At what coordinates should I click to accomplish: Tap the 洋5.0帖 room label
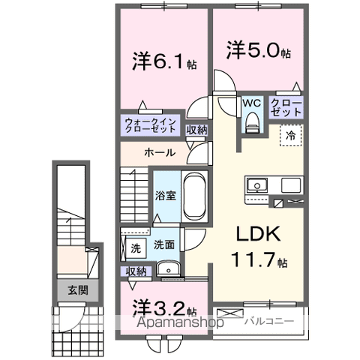tap(259, 50)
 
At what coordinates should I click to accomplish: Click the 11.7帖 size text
tap(257, 262)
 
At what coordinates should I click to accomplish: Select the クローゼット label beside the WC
tap(286, 106)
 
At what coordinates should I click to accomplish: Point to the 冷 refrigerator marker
tap(289, 136)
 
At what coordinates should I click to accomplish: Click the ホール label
tap(160, 153)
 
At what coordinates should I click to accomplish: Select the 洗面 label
tap(164, 244)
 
